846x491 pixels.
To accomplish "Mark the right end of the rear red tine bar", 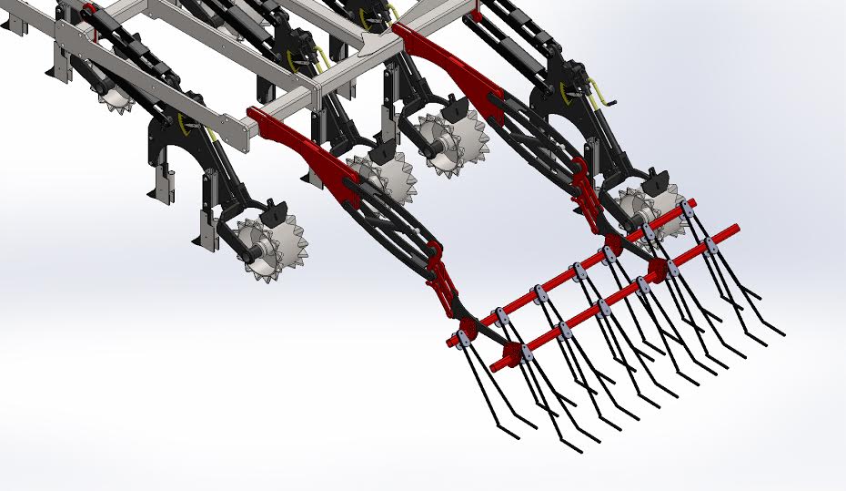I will pos(692,202).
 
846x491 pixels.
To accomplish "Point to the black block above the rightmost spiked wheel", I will pos(654,179).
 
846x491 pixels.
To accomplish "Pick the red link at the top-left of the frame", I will pos(89,14).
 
